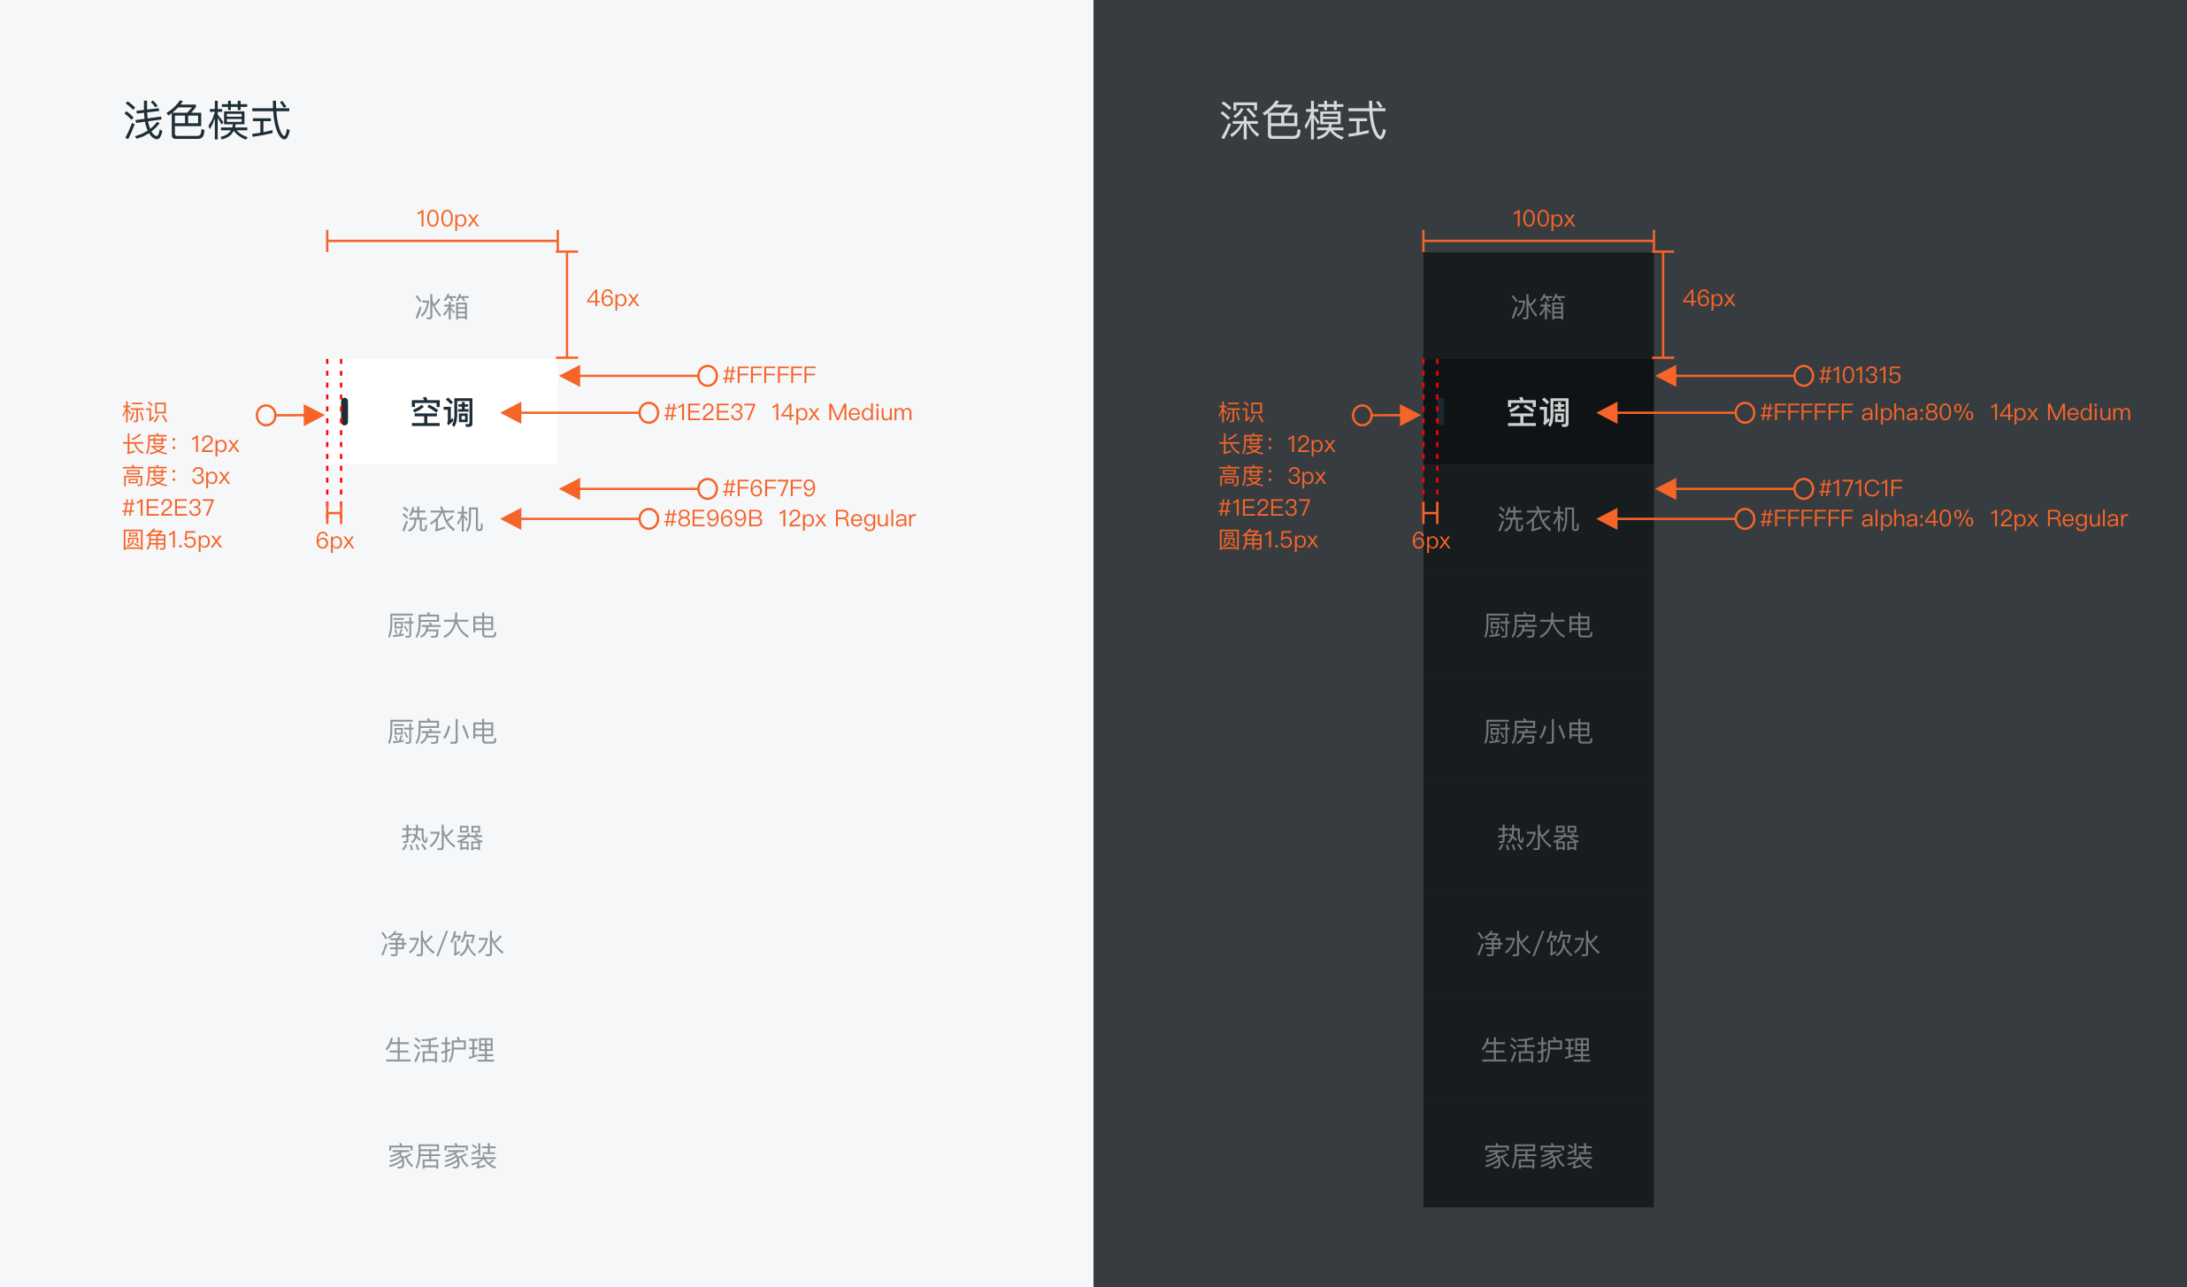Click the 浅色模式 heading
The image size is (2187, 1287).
[207, 120]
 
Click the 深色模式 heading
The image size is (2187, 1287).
[1303, 120]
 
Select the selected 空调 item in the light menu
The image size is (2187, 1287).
[442, 412]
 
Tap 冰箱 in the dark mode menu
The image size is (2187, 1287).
[1538, 307]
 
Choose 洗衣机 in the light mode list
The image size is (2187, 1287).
[442, 519]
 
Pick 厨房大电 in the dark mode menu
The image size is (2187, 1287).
[1538, 625]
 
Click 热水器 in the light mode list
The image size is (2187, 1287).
[442, 838]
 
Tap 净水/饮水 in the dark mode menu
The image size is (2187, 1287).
[1538, 944]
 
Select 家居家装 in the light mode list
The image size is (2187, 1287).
[442, 1156]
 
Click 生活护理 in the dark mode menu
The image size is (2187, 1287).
[1537, 1050]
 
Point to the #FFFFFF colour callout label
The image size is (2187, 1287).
[769, 375]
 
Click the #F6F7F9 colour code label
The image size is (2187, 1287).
[769, 488]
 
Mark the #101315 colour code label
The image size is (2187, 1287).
[1860, 375]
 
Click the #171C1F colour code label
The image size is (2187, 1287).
[1860, 488]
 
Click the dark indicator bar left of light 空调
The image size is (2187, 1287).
[344, 411]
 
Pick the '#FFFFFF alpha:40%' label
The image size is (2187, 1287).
[1867, 518]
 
